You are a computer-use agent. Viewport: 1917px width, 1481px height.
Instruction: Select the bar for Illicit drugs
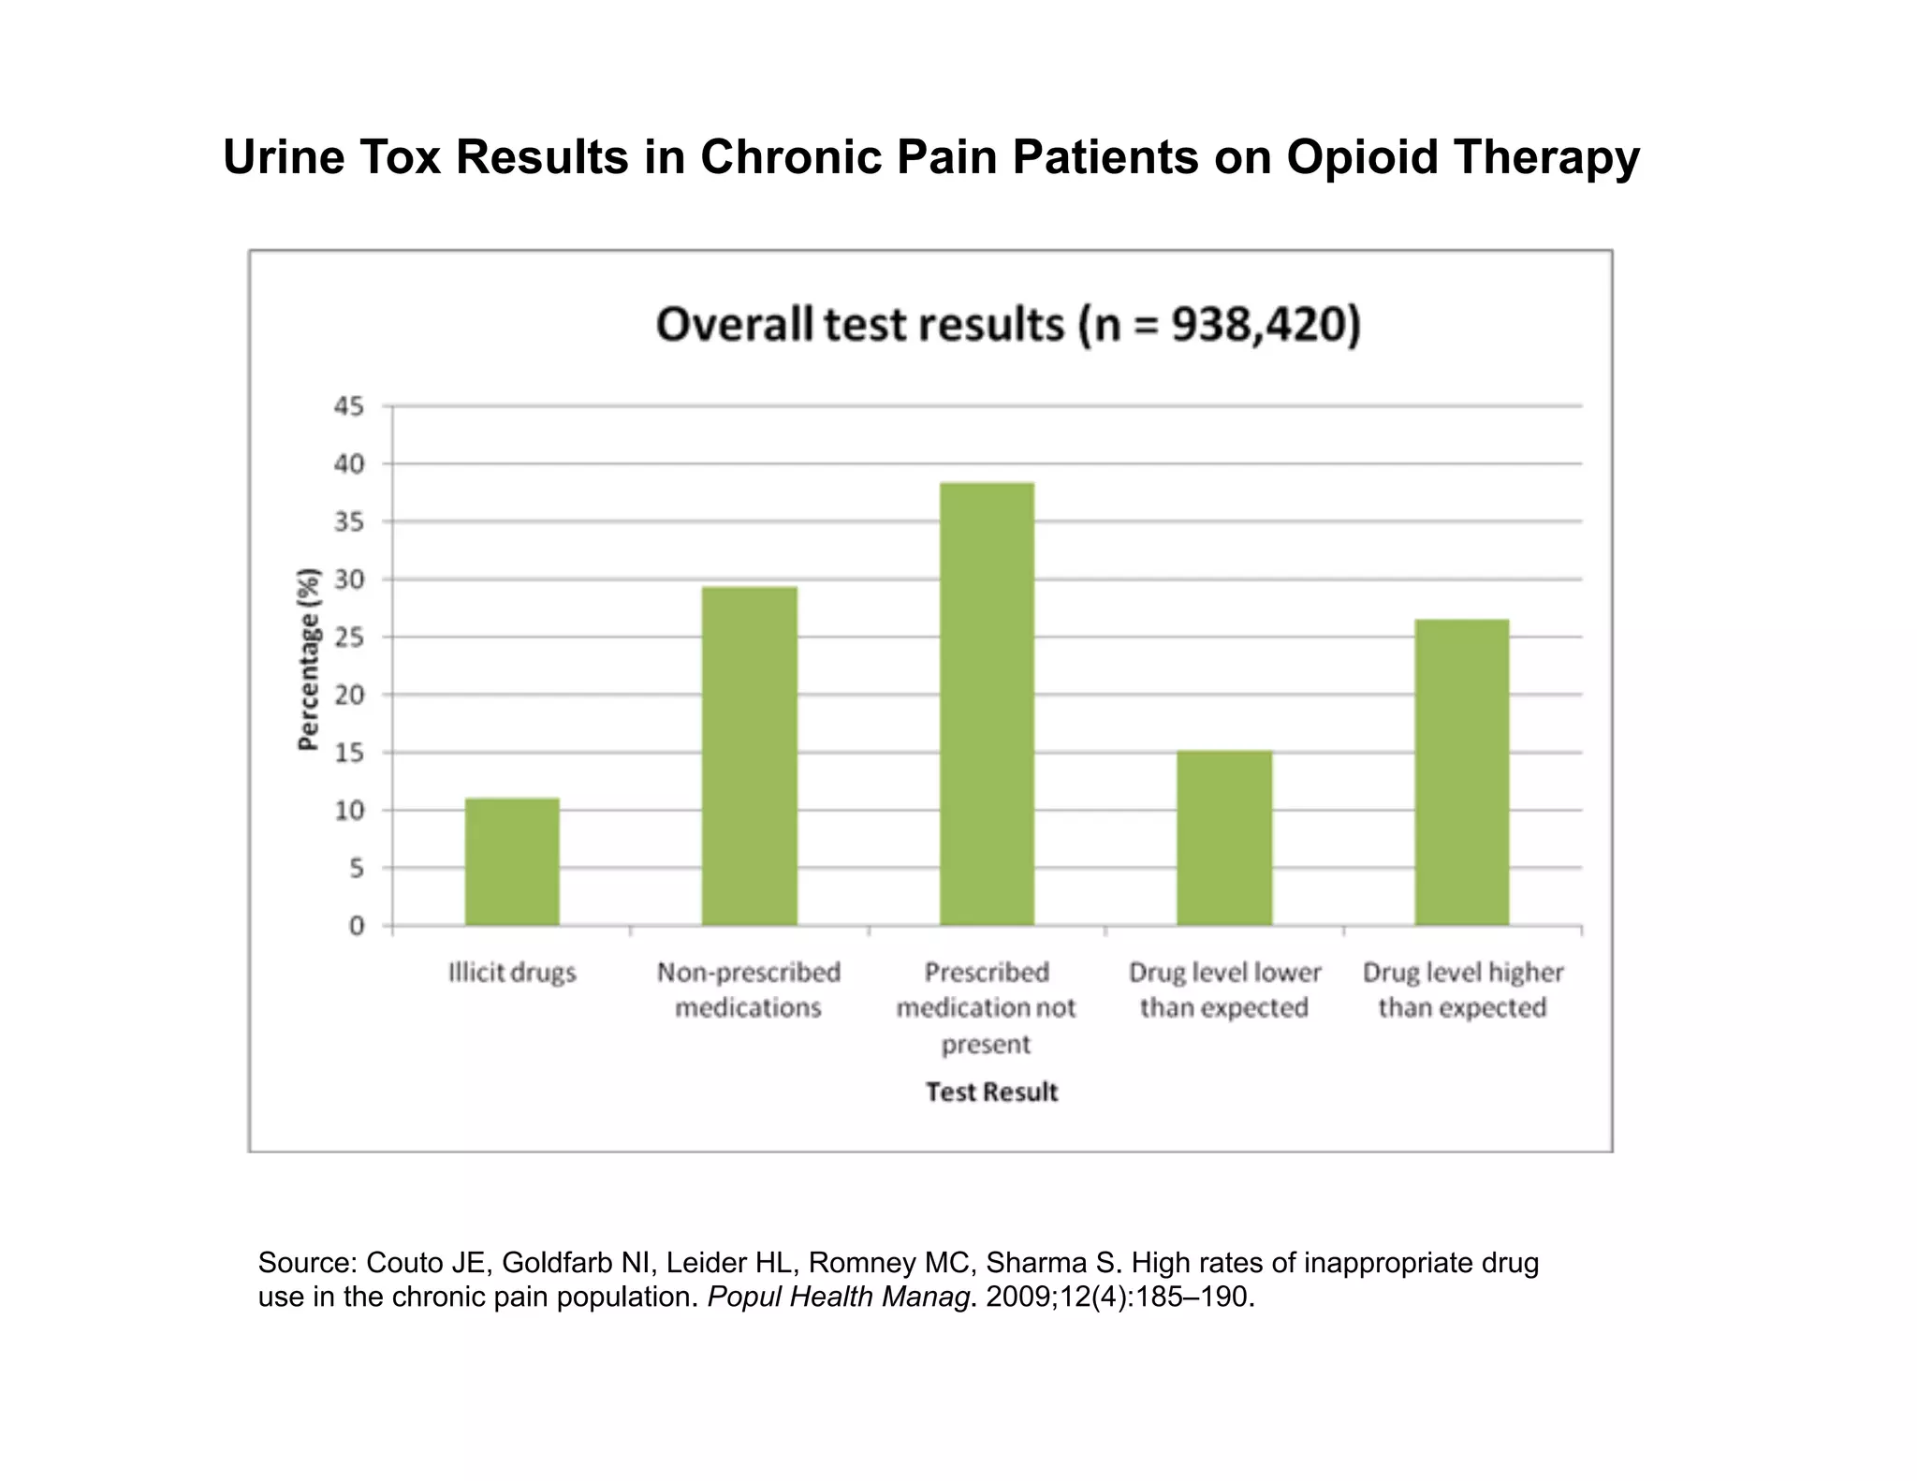(512, 861)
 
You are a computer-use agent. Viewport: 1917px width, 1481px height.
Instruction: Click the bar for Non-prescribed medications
(749, 756)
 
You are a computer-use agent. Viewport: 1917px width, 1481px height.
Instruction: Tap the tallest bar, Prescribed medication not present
(987, 704)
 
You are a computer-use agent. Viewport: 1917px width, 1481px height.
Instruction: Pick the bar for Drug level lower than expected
(1224, 838)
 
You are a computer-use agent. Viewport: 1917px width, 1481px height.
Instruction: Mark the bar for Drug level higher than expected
(1461, 772)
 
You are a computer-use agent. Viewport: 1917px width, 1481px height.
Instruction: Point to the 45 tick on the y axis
(348, 406)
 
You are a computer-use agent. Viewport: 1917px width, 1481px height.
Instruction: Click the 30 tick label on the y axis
(348, 579)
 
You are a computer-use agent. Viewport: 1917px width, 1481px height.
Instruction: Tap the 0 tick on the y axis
(356, 926)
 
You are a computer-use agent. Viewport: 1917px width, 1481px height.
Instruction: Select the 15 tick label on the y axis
(348, 753)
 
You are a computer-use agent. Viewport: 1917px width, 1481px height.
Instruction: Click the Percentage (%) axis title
(308, 659)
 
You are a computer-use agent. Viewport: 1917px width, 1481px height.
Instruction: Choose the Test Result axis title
(991, 1092)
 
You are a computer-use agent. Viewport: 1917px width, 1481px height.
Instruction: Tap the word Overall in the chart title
(734, 325)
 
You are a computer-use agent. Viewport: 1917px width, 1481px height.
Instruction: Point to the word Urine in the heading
(282, 156)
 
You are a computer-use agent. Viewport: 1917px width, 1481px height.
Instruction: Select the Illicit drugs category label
(512, 973)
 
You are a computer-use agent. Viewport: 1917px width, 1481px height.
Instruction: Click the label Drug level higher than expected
(1462, 990)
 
